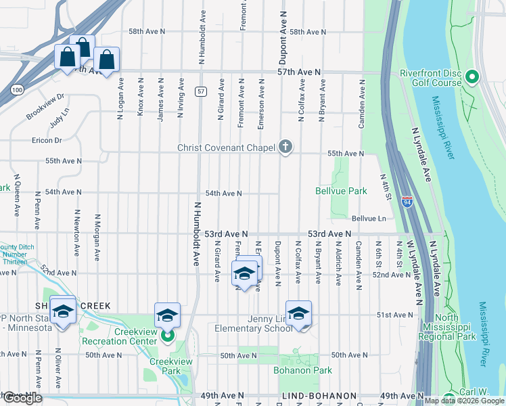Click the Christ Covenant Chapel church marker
pos(285,147)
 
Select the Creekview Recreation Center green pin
pos(168,334)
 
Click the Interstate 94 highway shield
pos(407,201)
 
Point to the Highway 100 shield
pos(17,89)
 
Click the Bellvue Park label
pos(341,191)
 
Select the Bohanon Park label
pos(302,370)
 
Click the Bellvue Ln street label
pos(369,219)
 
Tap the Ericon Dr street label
pos(46,140)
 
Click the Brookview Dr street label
pos(45,106)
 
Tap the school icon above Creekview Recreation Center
pos(167,315)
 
